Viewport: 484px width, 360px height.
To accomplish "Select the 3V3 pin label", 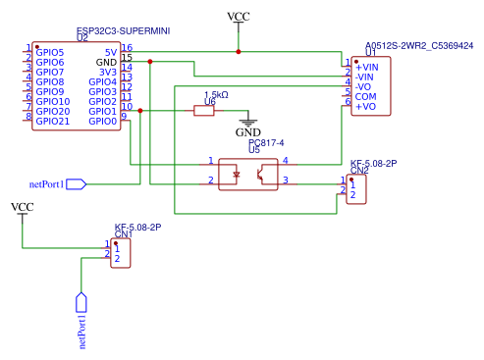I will coord(108,72).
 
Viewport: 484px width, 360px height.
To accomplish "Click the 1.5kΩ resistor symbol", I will coord(203,111).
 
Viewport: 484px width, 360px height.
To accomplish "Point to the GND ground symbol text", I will coord(248,132).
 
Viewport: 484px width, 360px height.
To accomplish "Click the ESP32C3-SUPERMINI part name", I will coord(123,31).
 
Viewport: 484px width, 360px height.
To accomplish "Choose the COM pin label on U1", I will coord(365,96).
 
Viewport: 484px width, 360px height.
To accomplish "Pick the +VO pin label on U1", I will coord(365,106).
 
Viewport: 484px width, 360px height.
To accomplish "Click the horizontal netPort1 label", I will coord(46,182).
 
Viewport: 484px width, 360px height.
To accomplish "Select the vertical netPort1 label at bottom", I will coord(82,331).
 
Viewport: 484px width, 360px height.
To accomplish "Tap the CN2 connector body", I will coord(355,188).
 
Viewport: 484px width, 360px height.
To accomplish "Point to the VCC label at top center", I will coord(238,17).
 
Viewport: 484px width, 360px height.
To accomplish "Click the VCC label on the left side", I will coord(22,207).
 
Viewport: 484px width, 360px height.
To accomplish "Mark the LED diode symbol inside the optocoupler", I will coord(235,176).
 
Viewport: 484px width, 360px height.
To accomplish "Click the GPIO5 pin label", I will coord(49,52).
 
